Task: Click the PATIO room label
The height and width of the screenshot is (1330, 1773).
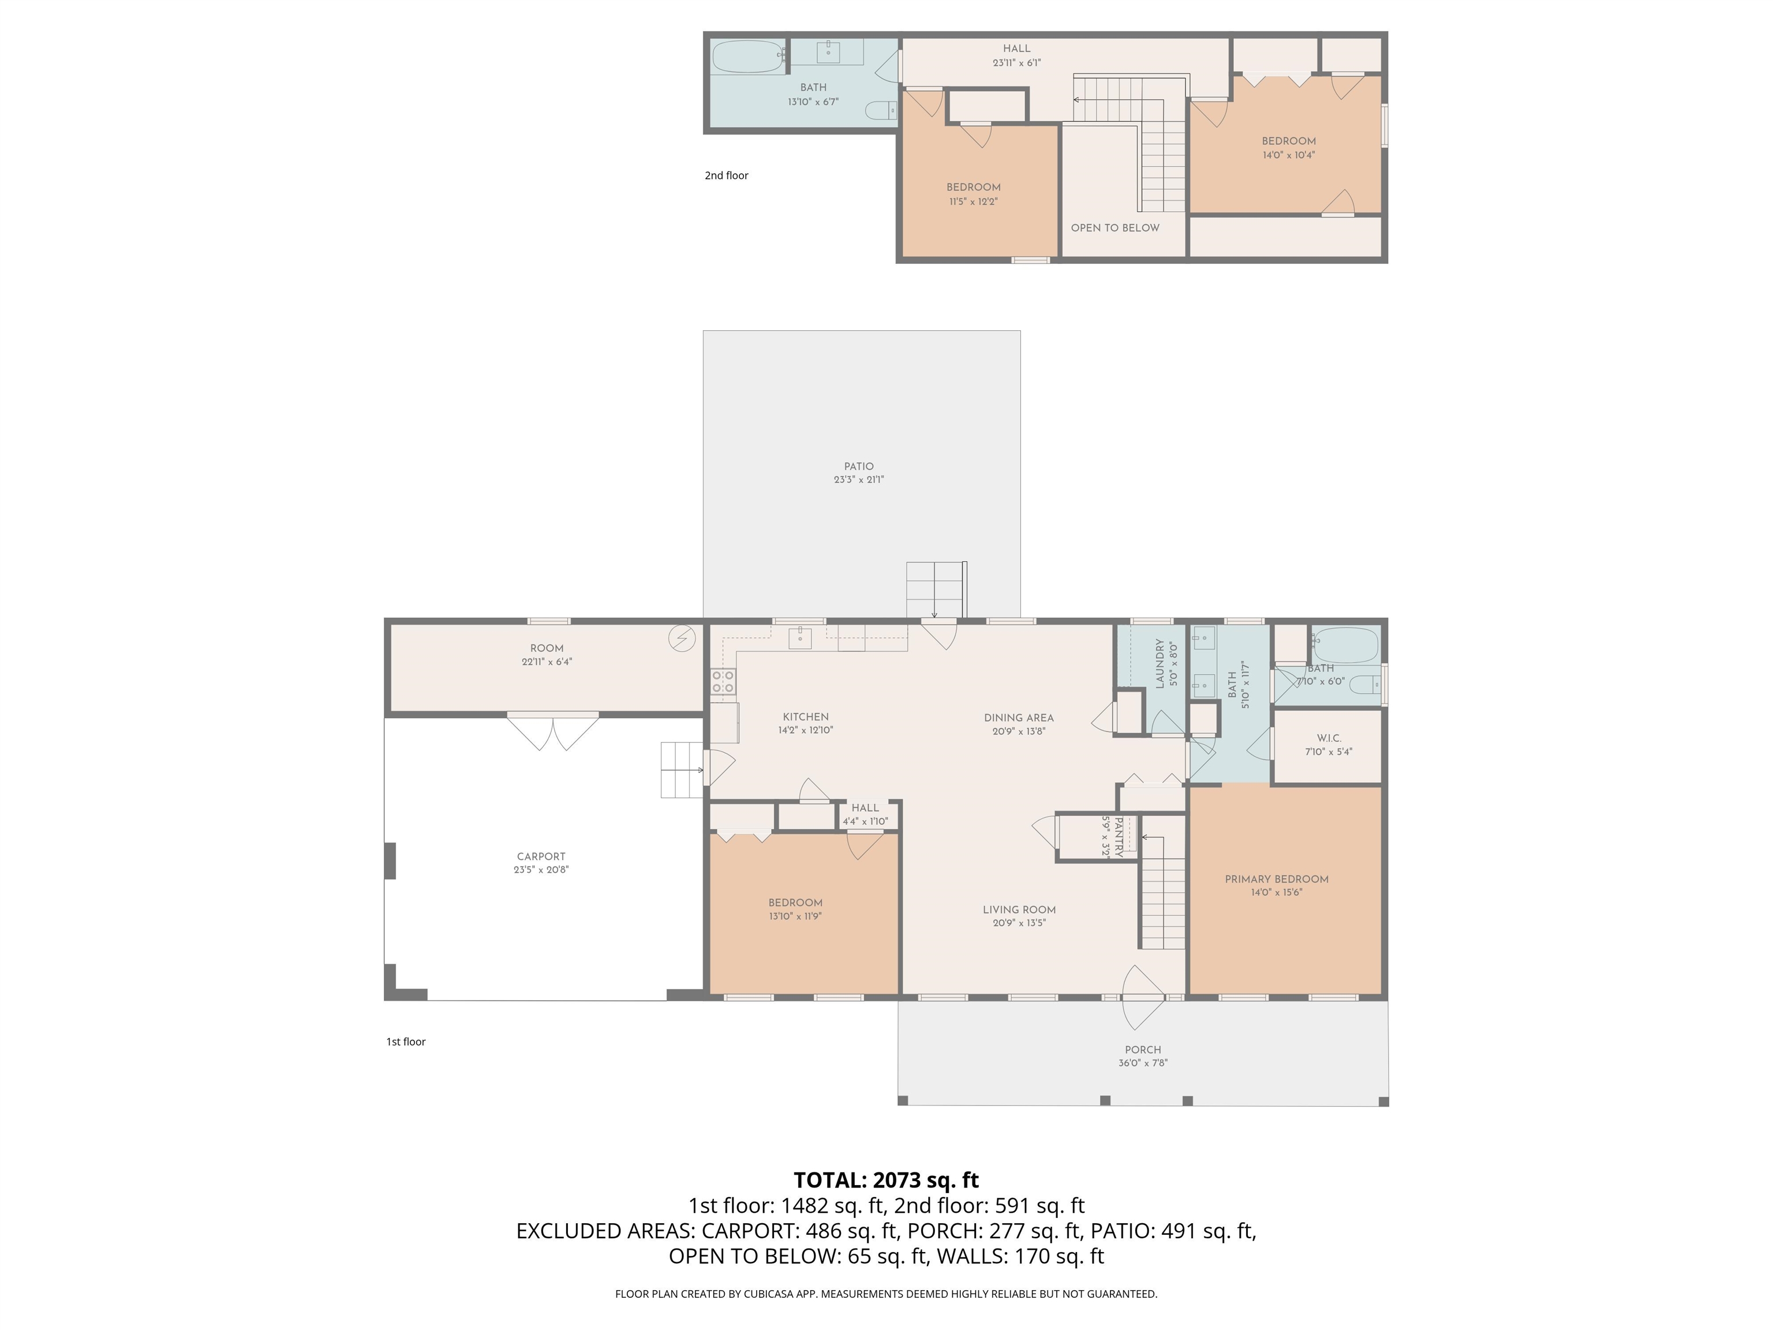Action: click(x=858, y=466)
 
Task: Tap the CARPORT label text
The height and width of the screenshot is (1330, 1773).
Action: click(x=541, y=856)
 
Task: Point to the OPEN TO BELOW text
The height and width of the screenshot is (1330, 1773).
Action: click(x=1115, y=227)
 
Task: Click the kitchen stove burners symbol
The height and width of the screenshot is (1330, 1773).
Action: click(x=723, y=681)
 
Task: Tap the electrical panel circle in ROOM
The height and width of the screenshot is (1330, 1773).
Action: click(x=682, y=639)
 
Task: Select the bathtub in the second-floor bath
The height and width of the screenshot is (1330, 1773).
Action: click(x=749, y=57)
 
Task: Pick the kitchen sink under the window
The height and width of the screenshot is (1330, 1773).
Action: click(x=800, y=637)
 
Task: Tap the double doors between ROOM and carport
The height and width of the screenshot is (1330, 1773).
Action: click(x=553, y=731)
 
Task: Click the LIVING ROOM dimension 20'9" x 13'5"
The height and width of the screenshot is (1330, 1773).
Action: click(x=1019, y=922)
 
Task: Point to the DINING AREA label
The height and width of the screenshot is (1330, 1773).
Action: click(x=1019, y=718)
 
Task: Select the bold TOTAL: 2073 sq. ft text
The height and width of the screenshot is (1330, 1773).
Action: click(x=886, y=1180)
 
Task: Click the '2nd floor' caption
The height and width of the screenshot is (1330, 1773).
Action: click(x=726, y=175)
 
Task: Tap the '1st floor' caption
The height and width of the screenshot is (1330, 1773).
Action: click(x=406, y=1041)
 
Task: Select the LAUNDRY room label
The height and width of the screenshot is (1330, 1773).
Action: click(x=1159, y=664)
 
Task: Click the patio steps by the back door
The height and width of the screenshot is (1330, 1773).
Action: click(x=934, y=590)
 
